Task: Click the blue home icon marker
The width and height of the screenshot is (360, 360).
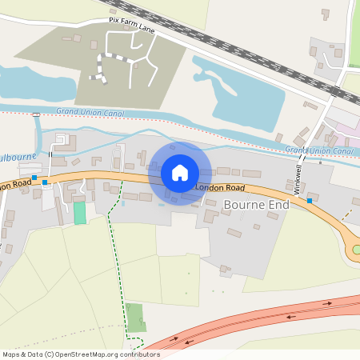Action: coord(179,173)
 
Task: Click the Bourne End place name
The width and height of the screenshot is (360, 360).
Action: coord(256,205)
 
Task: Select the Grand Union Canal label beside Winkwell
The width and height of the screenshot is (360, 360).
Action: coord(319,150)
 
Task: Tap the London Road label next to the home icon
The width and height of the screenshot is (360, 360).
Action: coord(220,186)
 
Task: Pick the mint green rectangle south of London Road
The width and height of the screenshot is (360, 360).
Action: coord(79,213)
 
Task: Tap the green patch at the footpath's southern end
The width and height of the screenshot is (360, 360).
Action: coord(136,318)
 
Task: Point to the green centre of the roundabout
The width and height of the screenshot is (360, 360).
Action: coord(357,250)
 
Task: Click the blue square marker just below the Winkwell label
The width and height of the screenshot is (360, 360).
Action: coord(310,201)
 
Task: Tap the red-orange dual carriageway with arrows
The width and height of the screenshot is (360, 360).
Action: coord(264,320)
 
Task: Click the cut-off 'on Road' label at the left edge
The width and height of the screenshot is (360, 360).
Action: coord(14,185)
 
